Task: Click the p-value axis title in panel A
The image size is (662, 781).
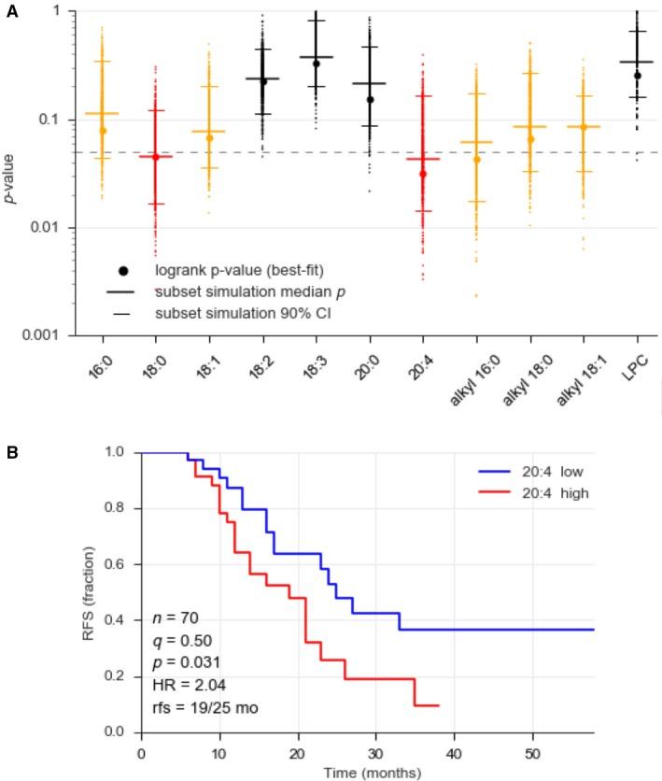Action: pyautogui.click(x=11, y=173)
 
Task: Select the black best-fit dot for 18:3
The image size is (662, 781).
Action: pyautogui.click(x=317, y=64)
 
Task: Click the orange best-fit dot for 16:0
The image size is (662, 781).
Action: pyautogui.click(x=103, y=131)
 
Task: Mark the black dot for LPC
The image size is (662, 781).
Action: pyautogui.click(x=638, y=76)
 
